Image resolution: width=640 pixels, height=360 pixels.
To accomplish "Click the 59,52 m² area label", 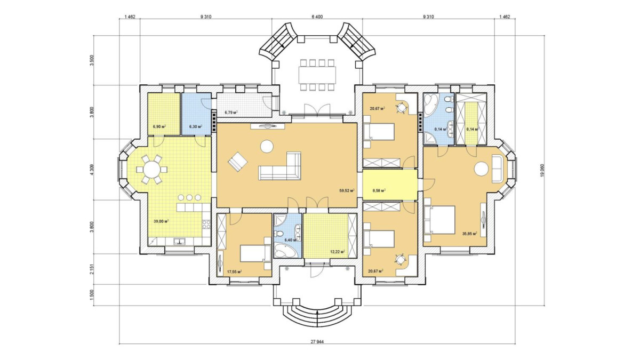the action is (347, 190).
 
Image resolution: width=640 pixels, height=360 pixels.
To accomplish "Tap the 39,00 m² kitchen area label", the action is (161, 221).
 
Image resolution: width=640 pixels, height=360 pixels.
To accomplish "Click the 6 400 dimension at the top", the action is (317, 17).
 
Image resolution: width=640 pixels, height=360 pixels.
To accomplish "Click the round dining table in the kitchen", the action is (151, 170).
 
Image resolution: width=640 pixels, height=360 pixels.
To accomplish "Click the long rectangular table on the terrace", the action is (317, 75).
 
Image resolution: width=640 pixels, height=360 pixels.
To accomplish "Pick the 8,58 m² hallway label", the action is (379, 190).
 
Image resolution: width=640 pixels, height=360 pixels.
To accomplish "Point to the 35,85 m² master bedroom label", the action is (470, 234).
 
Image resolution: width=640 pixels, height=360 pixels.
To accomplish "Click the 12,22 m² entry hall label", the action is (338, 252).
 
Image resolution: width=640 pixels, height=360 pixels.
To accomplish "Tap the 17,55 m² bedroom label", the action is (235, 271).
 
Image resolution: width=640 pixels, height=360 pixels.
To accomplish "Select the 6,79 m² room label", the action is (231, 113).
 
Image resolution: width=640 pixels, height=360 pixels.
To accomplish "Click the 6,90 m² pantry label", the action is (159, 126).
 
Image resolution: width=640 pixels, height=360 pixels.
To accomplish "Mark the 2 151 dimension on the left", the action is (91, 269).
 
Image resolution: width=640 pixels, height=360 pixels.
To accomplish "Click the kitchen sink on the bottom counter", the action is (179, 242).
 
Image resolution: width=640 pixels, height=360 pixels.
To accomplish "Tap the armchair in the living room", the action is (237, 162).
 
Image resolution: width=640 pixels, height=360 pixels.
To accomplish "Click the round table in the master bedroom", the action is (481, 169).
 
